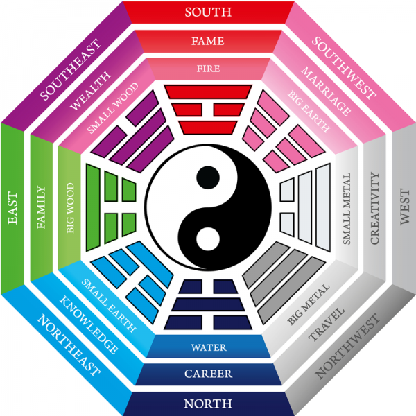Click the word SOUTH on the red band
coord(208,12)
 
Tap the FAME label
coord(208,41)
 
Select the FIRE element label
coord(208,69)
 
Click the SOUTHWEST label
coord(344,68)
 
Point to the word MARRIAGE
coord(326,91)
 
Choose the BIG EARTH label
coord(309,112)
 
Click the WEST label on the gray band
coord(405,207)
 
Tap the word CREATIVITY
coord(374,208)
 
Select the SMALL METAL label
coord(347,209)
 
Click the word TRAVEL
coord(327,324)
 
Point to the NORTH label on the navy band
coord(208,404)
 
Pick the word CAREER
coord(208,374)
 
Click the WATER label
coord(209,347)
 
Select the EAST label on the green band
coord(12,208)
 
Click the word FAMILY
coord(41,207)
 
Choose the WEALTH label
coord(90,90)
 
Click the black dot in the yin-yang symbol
coord(208,177)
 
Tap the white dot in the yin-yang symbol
coord(208,239)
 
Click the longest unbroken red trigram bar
coord(208,92)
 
